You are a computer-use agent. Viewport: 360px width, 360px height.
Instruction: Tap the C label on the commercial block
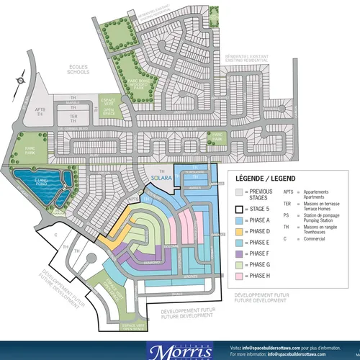(x=55, y=235)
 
